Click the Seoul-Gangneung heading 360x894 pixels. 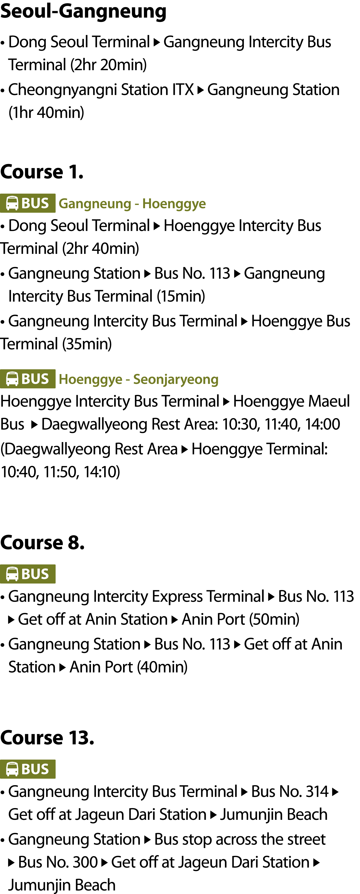[x=83, y=11]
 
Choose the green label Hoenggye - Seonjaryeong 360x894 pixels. [x=139, y=379]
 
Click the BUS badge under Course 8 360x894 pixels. [x=28, y=574]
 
